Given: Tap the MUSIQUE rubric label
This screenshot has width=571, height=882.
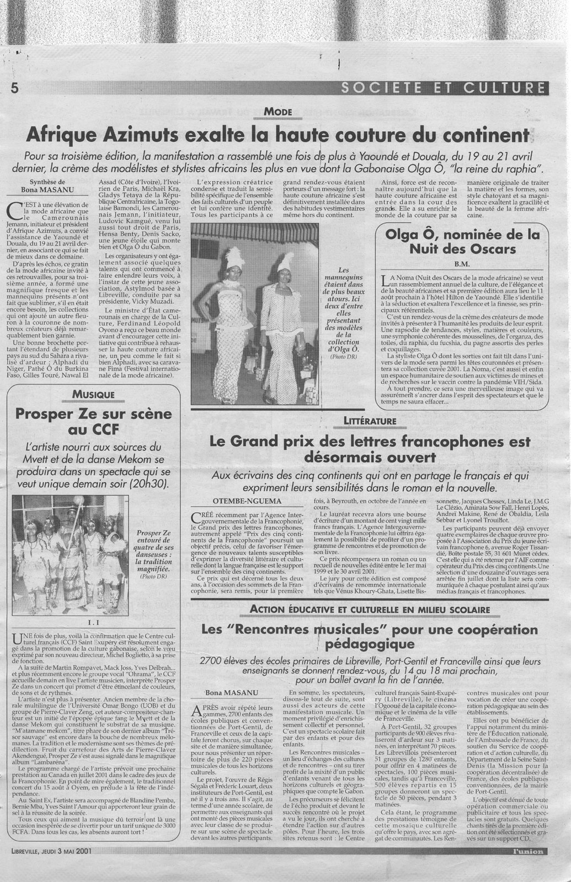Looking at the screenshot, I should click(x=92, y=394).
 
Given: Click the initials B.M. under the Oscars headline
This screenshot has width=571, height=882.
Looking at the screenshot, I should click(x=461, y=263).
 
